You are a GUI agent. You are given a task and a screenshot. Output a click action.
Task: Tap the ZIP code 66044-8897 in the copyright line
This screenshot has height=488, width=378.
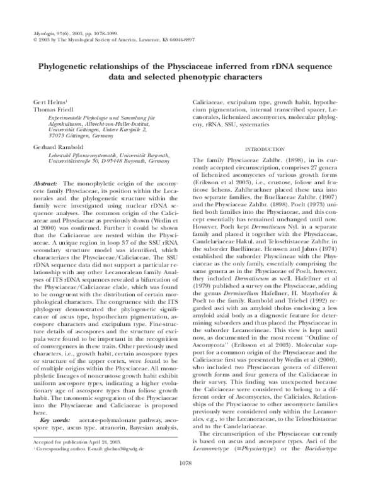[x=178, y=37]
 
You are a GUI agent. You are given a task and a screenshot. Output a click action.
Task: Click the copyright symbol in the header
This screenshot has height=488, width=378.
[x=33, y=37]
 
